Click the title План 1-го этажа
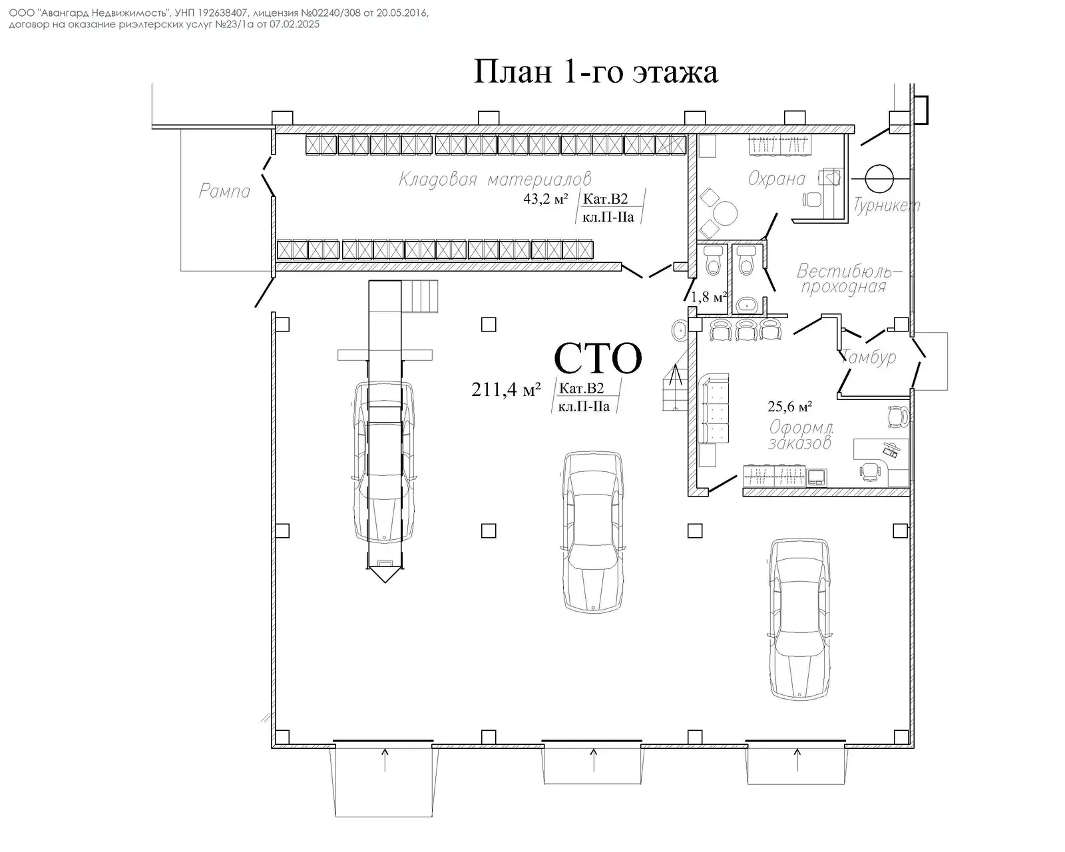click(x=595, y=72)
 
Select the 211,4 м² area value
click(x=505, y=389)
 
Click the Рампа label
click(x=225, y=192)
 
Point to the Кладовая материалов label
click(x=495, y=179)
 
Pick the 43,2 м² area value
click(x=545, y=198)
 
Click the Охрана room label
click(x=776, y=178)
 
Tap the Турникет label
click(x=887, y=205)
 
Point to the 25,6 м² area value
click(x=789, y=406)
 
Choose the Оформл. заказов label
click(x=801, y=435)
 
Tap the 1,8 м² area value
click(x=708, y=297)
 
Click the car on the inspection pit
click(x=385, y=459)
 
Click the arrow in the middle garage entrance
click(x=593, y=759)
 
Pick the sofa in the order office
click(x=714, y=410)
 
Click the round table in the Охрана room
click(x=725, y=214)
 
